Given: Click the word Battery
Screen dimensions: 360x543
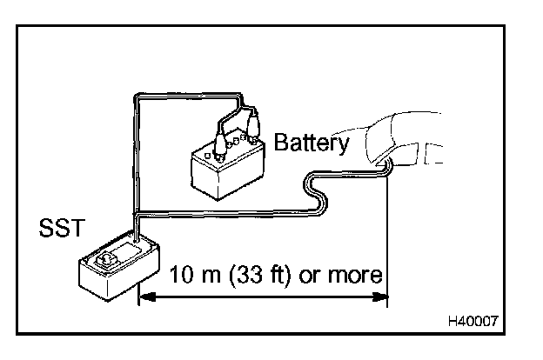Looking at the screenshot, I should click(311, 143).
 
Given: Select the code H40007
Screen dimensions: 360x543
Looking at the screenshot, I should click(473, 321).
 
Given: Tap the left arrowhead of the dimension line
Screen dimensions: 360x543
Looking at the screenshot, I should click(146, 297).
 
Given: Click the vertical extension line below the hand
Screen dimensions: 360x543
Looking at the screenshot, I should click(386, 235).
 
